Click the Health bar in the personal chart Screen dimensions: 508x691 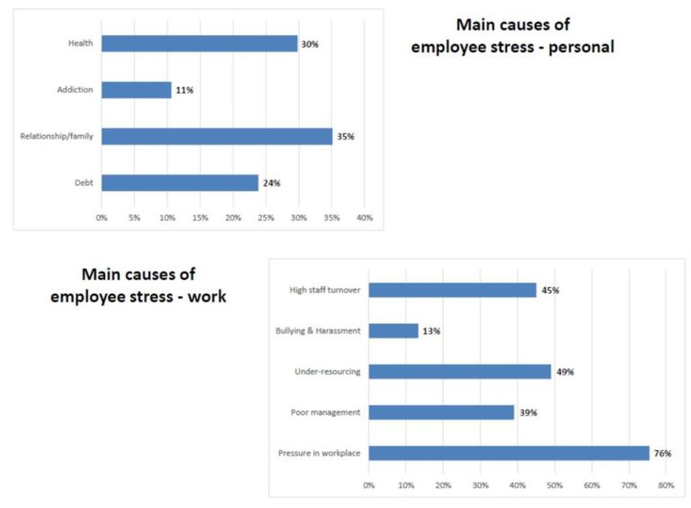click(x=199, y=44)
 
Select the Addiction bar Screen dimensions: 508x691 click(x=136, y=90)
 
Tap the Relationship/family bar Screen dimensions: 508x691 click(x=216, y=137)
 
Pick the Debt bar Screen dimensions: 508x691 click(x=179, y=183)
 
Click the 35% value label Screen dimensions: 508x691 click(x=345, y=137)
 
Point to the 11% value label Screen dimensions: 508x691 click(x=185, y=90)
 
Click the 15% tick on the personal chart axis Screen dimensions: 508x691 click(x=200, y=217)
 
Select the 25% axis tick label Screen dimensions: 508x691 click(x=266, y=217)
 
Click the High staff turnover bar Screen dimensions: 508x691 click(x=452, y=290)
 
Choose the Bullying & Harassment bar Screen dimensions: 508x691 click(x=393, y=331)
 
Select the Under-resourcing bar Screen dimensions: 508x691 click(x=459, y=371)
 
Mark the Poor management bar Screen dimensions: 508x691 click(x=441, y=412)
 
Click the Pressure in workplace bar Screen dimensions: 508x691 click(x=509, y=453)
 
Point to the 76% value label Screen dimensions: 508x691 click(x=662, y=453)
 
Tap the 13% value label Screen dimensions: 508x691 click(x=431, y=331)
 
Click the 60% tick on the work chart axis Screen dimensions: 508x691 click(x=592, y=486)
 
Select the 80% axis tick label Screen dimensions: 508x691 click(x=666, y=486)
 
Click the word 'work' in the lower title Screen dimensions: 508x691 click(x=207, y=296)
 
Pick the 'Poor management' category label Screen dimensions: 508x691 click(x=325, y=412)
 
